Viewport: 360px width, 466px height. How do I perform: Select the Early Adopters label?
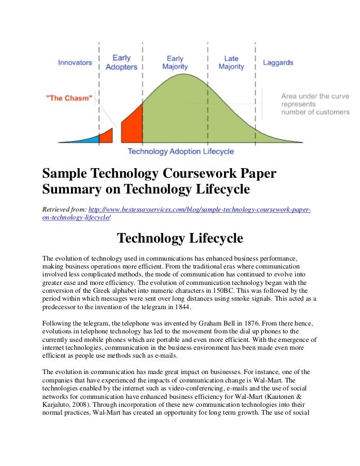click(x=121, y=62)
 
